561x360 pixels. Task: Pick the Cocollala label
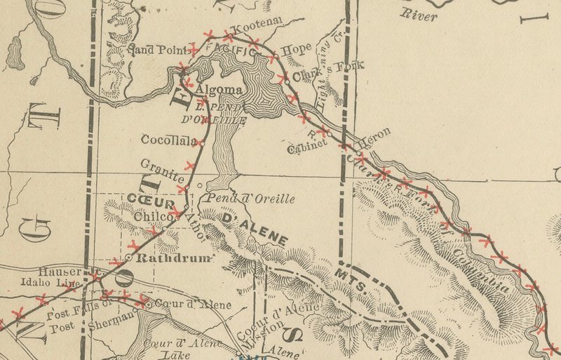(167, 140)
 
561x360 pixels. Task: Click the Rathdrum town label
(173, 258)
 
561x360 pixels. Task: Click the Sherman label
(112, 317)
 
